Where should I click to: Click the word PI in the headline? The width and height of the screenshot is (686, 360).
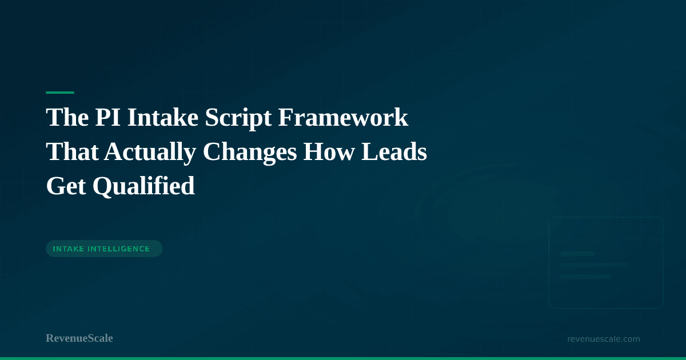click(107, 117)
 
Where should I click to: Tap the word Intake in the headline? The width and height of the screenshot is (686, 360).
click(163, 117)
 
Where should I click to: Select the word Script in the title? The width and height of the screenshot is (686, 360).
click(238, 118)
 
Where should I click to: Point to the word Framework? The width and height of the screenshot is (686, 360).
click(343, 117)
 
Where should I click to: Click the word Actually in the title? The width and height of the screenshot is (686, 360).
click(150, 153)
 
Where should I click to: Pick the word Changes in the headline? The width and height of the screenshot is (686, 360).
click(250, 153)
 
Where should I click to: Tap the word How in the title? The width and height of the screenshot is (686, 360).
click(329, 151)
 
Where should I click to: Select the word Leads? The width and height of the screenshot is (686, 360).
click(394, 151)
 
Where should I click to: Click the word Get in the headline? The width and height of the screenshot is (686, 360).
click(66, 186)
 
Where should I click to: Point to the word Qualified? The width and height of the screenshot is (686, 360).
click(143, 186)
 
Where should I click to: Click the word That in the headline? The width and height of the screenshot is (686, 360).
click(72, 151)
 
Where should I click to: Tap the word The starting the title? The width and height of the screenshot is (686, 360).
click(67, 117)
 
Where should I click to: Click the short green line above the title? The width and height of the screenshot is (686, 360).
click(60, 93)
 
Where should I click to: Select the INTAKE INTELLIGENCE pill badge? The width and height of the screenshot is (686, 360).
click(104, 249)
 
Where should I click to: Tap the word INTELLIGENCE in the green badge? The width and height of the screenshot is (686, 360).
click(119, 249)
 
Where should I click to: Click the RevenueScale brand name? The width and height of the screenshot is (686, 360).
click(79, 338)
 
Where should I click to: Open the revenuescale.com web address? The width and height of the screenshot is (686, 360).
click(604, 339)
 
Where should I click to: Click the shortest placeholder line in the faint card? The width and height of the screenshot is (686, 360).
click(577, 254)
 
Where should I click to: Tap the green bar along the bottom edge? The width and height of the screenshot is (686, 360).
click(343, 358)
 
